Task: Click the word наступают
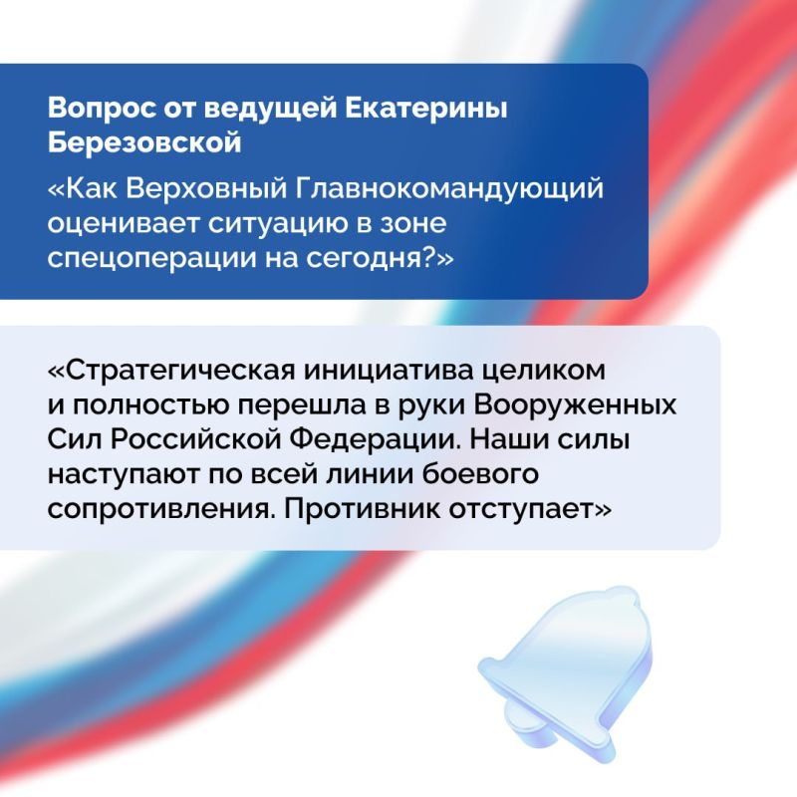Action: click(x=127, y=472)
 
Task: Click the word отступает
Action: click(x=535, y=507)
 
